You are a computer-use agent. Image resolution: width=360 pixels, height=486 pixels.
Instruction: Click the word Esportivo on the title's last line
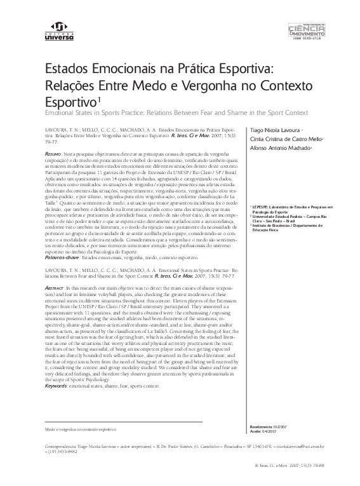pyautogui.click(x=68, y=102)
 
